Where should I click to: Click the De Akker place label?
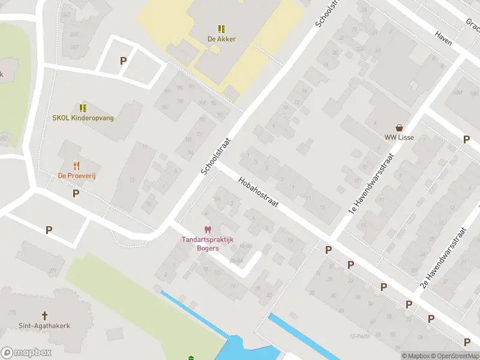point(221,39)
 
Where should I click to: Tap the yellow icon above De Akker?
point(221,28)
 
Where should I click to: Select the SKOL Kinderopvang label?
point(83,118)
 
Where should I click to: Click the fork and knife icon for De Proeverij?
point(76,166)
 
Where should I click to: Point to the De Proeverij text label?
point(77,176)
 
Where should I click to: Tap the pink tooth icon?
point(208,230)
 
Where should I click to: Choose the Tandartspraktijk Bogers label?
point(208,244)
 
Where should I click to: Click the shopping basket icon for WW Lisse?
point(399,127)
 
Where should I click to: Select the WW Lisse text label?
point(399,137)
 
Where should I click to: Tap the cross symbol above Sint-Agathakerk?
point(44,315)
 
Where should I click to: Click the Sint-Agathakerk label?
point(44,326)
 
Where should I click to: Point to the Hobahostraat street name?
point(258,192)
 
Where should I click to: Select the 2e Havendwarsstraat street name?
point(445,258)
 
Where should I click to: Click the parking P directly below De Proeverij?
point(76,193)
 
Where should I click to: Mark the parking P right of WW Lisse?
point(466,139)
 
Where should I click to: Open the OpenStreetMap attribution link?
point(454,356)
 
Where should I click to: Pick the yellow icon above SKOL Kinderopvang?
point(83,108)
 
